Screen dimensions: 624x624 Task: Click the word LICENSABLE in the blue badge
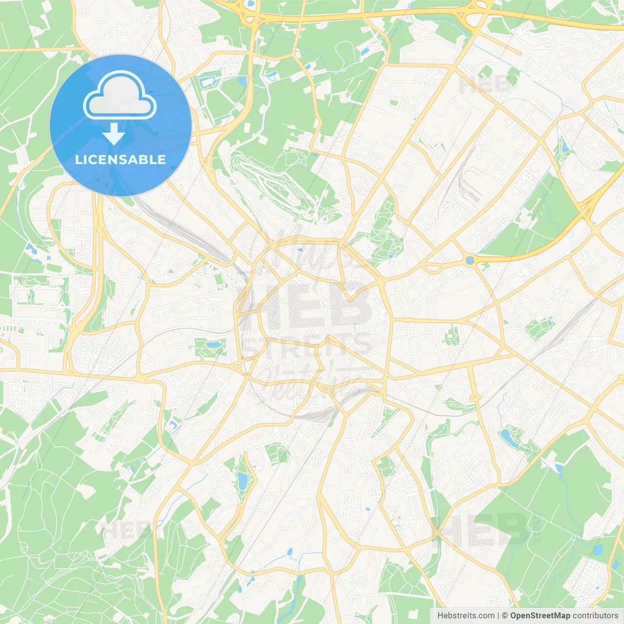(120, 159)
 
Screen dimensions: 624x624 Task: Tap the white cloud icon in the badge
(120, 96)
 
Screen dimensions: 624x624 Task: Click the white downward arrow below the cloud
(114, 134)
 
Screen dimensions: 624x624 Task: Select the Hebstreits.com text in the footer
(466, 616)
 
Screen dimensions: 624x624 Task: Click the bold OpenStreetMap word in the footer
(540, 616)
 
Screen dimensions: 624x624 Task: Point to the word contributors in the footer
(595, 616)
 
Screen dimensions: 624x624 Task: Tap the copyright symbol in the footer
(505, 616)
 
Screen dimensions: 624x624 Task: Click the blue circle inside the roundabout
(469, 260)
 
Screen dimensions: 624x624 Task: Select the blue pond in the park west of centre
(213, 345)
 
